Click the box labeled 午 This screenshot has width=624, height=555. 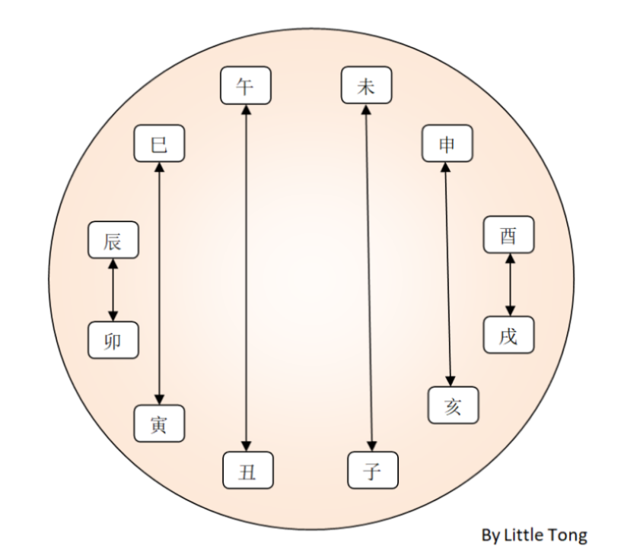point(245,86)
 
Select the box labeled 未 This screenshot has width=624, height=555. point(366,86)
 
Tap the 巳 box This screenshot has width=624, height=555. point(159,144)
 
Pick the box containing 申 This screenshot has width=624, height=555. point(447,144)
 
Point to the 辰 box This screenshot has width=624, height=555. point(113,241)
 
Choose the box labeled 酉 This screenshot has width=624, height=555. point(508,235)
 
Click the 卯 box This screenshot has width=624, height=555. point(113,340)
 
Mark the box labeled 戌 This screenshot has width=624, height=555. point(508,335)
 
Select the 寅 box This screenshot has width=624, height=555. point(159,423)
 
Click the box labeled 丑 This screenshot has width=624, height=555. point(247,471)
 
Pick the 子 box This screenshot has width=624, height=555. point(372,471)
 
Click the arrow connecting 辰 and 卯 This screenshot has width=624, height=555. point(113,290)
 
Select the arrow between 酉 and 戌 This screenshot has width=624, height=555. point(509,284)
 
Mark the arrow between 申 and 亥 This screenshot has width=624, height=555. point(450,274)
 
